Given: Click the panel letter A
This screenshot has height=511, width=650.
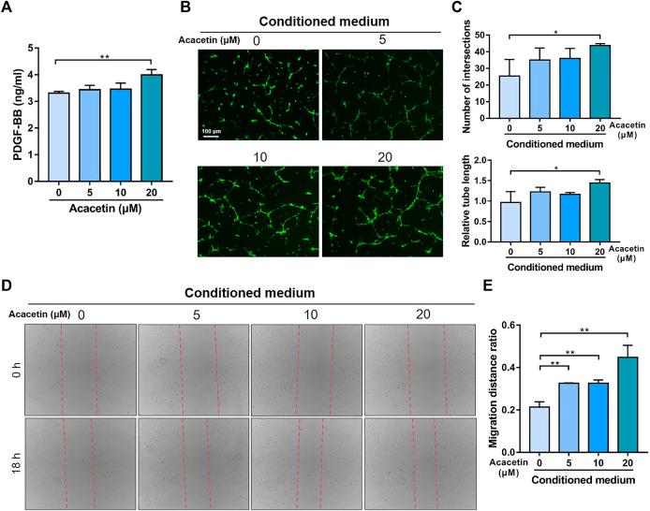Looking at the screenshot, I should (10, 11).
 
